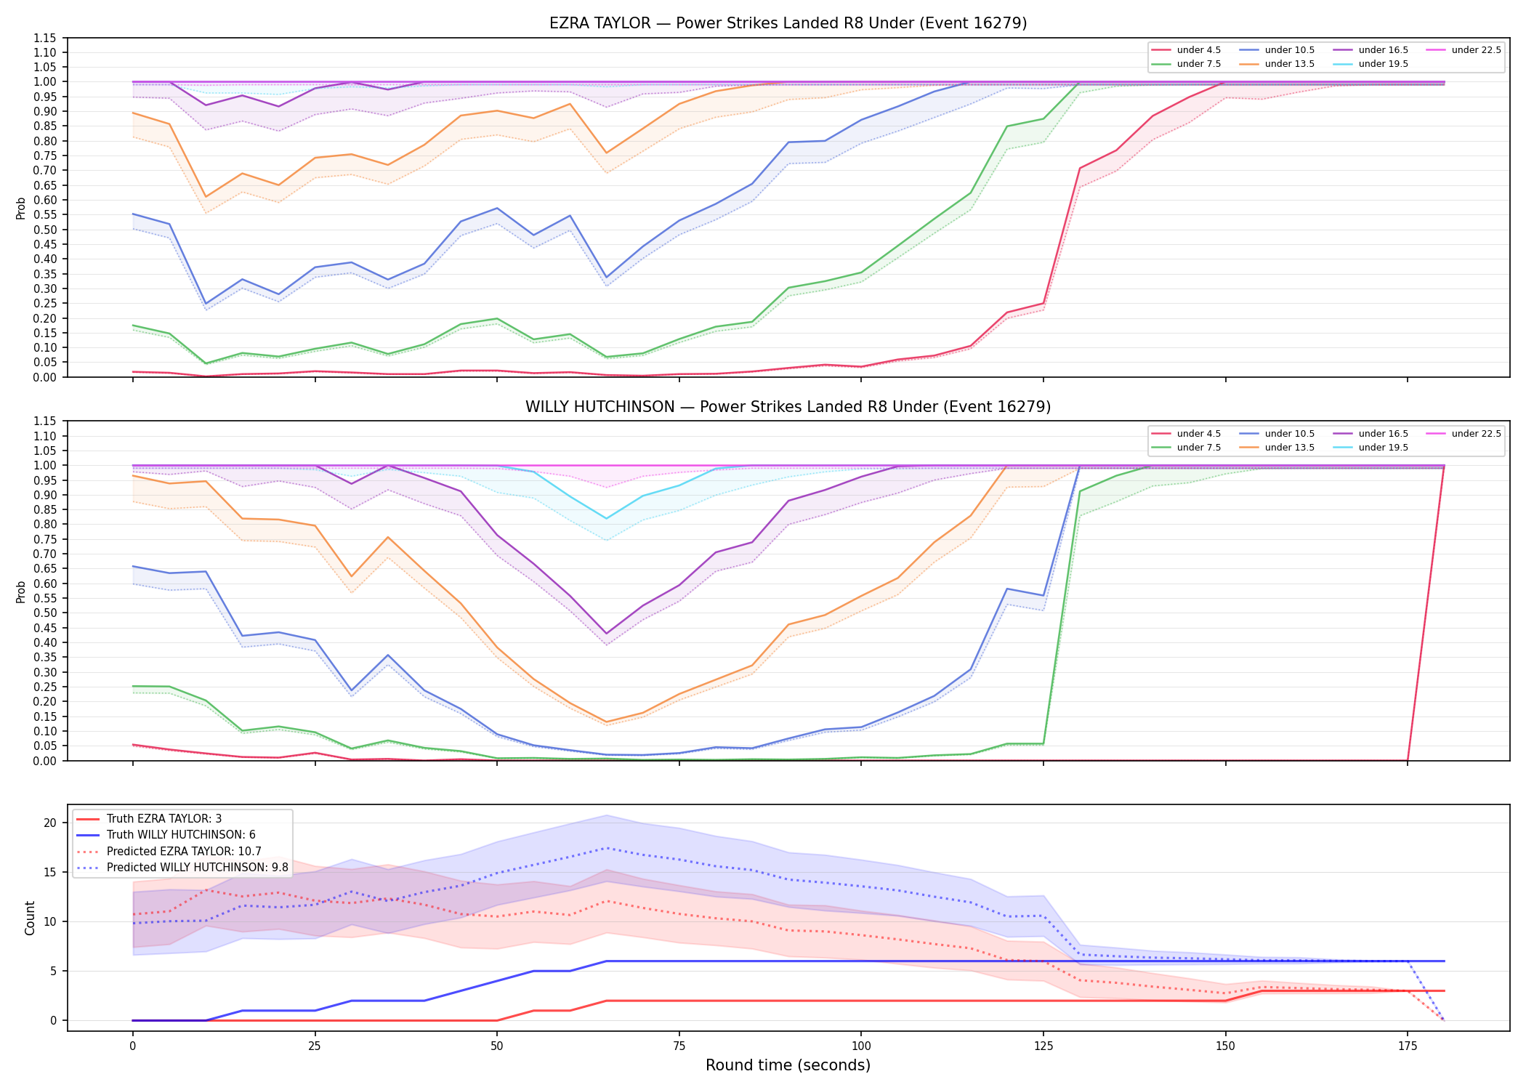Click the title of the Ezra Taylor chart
(x=788, y=23)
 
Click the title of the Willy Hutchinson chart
(x=788, y=407)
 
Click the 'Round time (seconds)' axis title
(x=788, y=1065)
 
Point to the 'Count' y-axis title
(x=30, y=918)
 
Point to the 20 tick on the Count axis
(x=50, y=823)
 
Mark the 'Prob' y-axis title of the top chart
(x=21, y=208)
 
